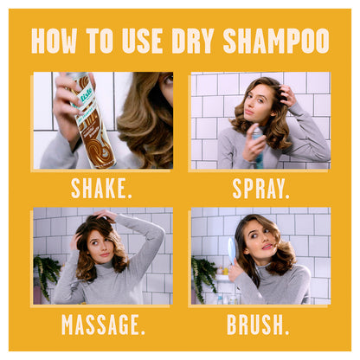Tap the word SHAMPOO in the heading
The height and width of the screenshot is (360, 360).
click(276, 41)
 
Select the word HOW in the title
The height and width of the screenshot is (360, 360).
click(54, 41)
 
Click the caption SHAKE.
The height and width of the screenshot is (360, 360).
click(101, 188)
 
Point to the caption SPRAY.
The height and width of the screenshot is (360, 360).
click(260, 189)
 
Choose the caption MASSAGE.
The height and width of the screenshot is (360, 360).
click(103, 325)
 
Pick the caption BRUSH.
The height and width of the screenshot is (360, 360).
click(258, 325)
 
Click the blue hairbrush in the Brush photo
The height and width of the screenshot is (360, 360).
click(232, 250)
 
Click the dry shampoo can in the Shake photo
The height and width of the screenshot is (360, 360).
click(90, 121)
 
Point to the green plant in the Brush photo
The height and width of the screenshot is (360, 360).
click(203, 277)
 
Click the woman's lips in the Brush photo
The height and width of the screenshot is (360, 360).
click(267, 247)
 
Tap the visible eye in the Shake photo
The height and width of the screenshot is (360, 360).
click(168, 79)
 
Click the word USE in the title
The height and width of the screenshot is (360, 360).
click(142, 41)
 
